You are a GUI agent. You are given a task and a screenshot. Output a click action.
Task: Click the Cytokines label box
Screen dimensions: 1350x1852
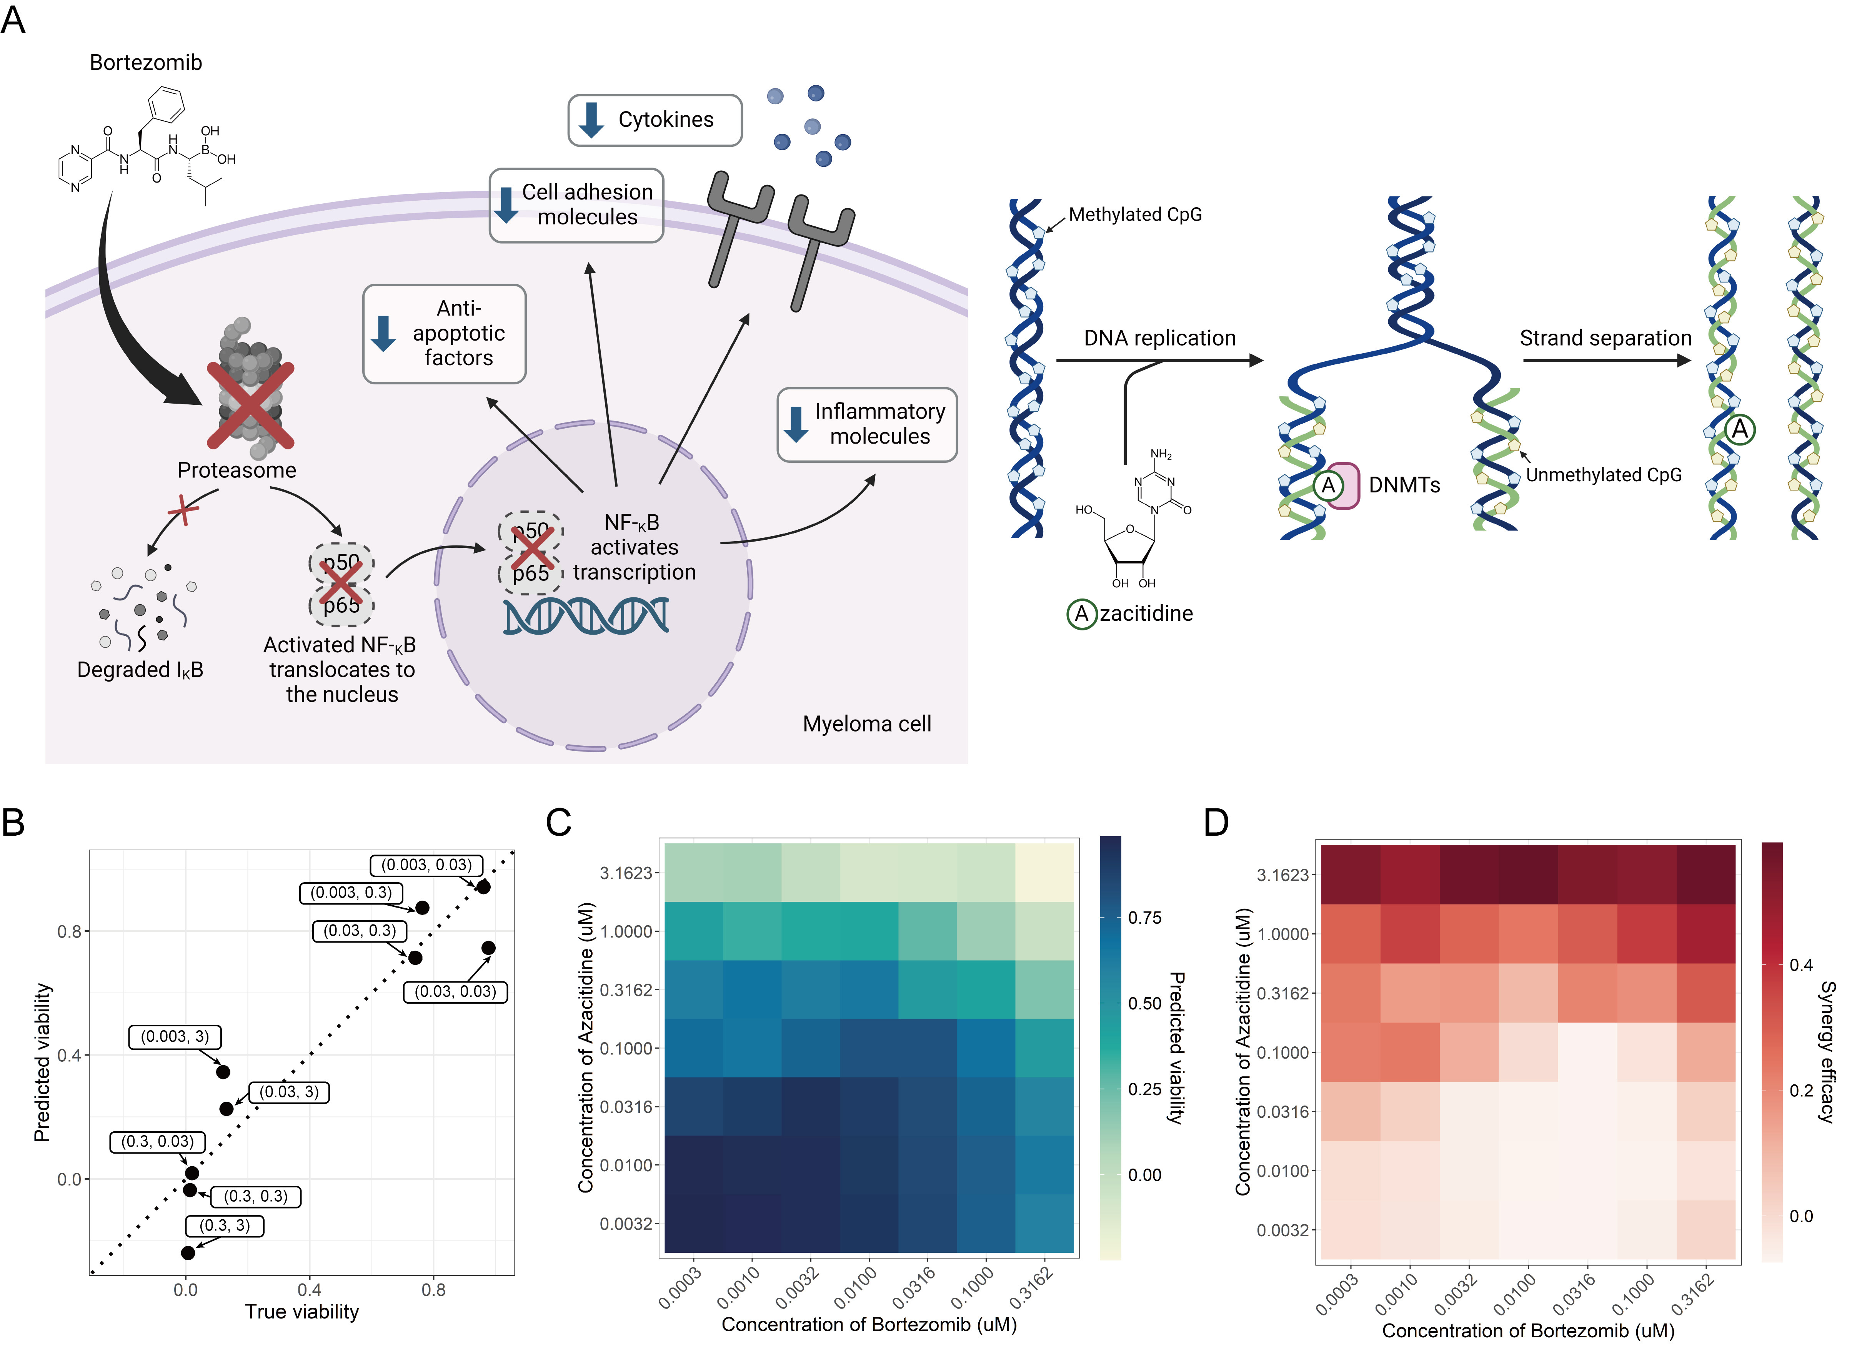[655, 120]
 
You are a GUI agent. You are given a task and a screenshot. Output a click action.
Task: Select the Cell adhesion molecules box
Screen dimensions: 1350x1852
[576, 205]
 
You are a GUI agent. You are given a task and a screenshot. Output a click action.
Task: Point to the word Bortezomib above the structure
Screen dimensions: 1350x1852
[145, 63]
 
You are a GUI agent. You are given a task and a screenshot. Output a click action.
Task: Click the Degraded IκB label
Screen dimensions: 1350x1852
[140, 670]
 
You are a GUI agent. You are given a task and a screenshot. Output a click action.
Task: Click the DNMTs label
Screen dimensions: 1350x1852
[1404, 485]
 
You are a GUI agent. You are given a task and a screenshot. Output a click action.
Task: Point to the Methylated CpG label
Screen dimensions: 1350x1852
[1135, 215]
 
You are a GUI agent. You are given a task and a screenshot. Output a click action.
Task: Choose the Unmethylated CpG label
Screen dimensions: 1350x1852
[1604, 475]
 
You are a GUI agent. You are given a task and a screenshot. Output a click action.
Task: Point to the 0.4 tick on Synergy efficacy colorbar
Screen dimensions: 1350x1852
[1800, 965]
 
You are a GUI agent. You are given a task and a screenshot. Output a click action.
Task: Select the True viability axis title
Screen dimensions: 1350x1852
[301, 1312]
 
